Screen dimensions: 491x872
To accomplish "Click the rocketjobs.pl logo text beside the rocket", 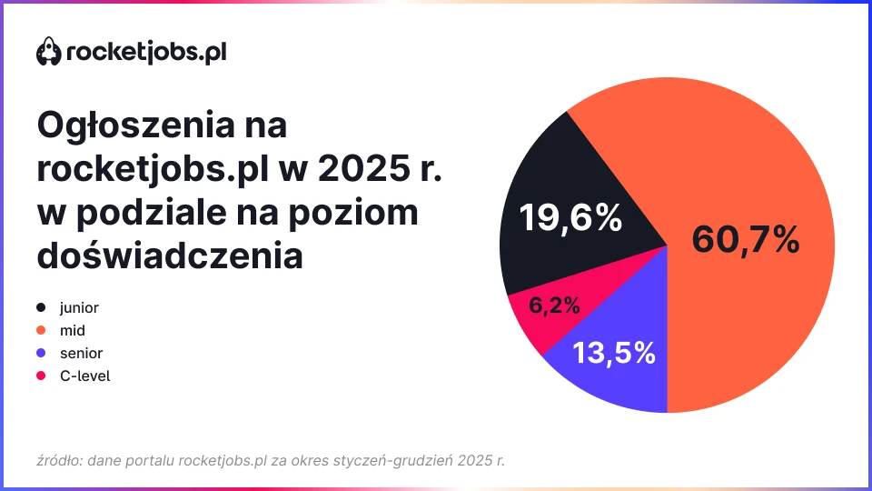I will click(146, 52).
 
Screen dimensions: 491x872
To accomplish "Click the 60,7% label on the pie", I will click(745, 239).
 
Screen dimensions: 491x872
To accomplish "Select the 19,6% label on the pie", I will click(570, 218).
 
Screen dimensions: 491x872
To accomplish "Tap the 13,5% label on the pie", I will click(613, 353).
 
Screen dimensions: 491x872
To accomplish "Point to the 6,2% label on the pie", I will click(554, 306).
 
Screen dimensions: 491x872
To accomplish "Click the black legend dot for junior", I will click(42, 308).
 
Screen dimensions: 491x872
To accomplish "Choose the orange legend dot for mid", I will click(42, 331).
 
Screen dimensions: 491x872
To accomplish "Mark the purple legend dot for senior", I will click(42, 353).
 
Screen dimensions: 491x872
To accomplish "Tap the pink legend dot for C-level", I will click(42, 376).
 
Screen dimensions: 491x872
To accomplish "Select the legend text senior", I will click(81, 353).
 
